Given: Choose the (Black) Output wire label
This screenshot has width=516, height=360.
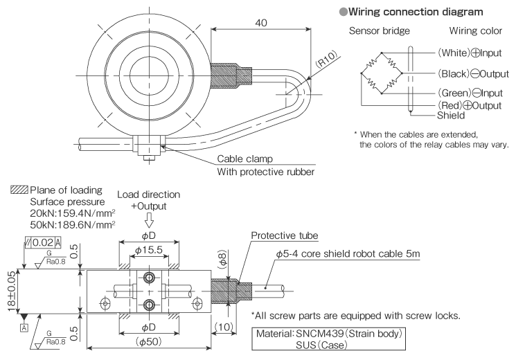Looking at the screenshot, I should [465, 73].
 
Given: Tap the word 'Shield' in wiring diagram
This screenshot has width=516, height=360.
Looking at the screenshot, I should [431, 116].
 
